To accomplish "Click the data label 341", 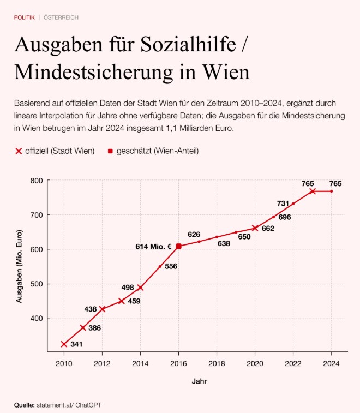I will point(77,345).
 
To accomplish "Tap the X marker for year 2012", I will point(102,309).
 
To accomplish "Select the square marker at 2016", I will point(178,246).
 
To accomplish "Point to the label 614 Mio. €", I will point(153,247).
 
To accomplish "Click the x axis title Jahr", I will point(199,381).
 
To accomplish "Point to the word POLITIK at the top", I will point(25,17).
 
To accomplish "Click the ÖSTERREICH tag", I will point(61,17).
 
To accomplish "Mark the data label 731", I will point(283,203).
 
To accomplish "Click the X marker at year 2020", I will point(255,228).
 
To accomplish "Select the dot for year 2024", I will point(331,191).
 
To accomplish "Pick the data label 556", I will point(171,266).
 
